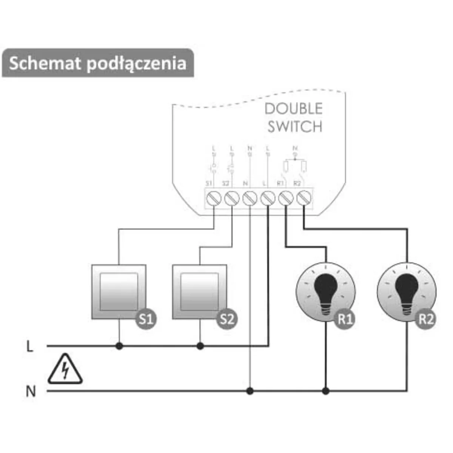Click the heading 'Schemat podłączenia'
[98, 63]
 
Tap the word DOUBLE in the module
[293, 109]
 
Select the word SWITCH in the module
[295, 126]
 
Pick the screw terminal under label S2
[231, 197]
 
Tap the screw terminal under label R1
[286, 197]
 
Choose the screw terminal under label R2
[304, 197]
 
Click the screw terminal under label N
[250, 197]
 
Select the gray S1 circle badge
[146, 319]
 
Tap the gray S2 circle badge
[227, 319]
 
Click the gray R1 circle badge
[345, 319]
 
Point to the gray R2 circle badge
[425, 319]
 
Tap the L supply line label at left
[30, 346]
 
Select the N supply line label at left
[31, 391]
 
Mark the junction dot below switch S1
[119, 346]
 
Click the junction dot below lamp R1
[326, 391]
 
